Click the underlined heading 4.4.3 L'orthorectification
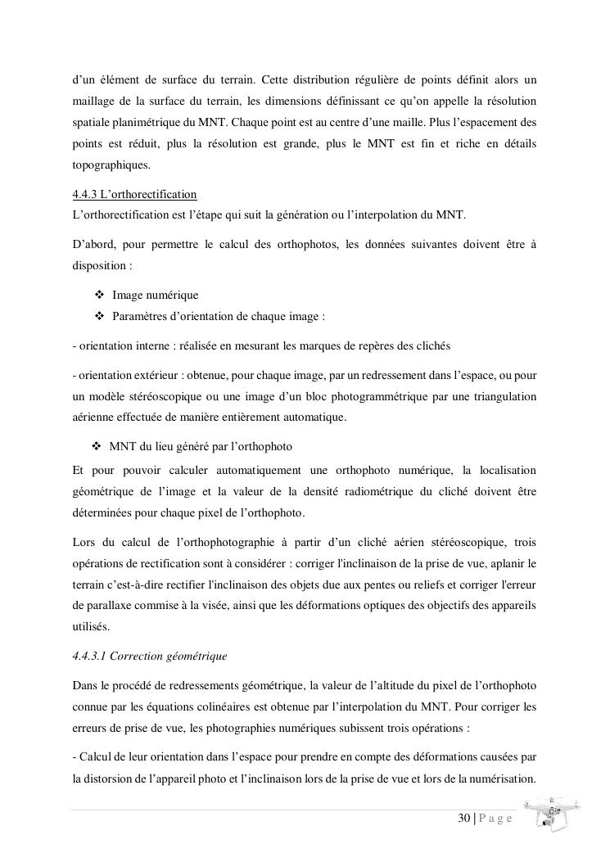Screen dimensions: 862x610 (x=135, y=195)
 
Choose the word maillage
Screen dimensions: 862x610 (x=93, y=102)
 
